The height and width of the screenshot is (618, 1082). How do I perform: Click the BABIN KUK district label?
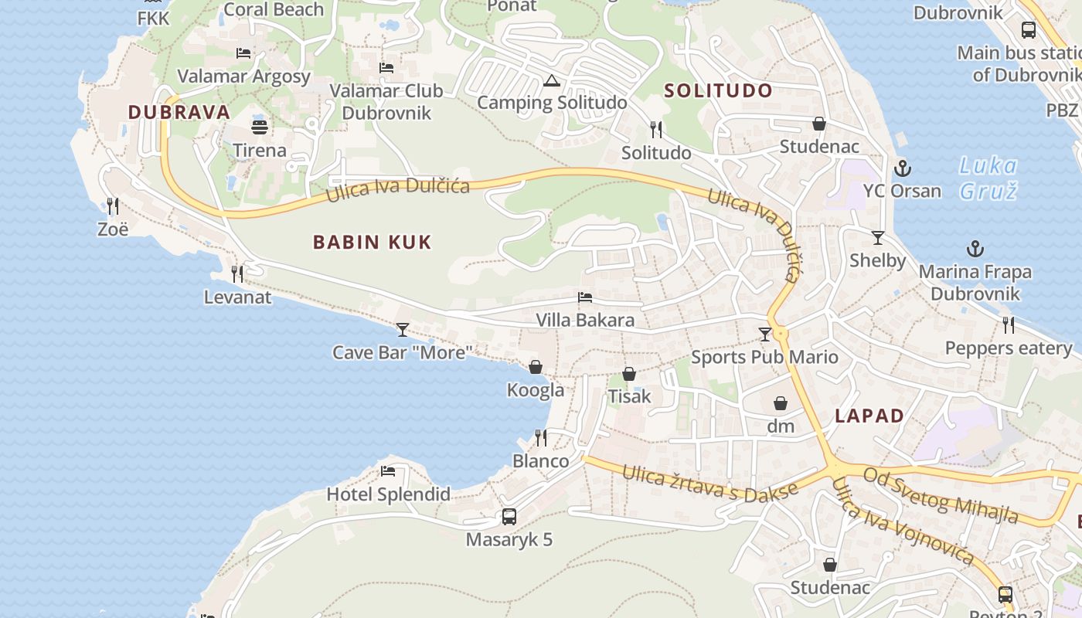coord(372,243)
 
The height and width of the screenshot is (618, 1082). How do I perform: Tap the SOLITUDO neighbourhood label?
coord(718,90)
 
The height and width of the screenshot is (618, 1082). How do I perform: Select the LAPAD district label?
coord(869,416)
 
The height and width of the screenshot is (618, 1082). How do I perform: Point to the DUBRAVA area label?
coord(179,112)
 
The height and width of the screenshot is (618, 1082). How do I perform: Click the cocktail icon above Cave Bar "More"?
coord(402,330)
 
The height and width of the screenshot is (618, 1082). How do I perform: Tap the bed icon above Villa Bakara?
coord(585,297)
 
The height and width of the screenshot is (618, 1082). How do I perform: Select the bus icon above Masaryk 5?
coord(509,517)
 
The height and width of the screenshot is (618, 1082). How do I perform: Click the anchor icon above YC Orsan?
coord(902,168)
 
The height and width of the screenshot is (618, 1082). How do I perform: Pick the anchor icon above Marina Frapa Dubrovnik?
coord(975,249)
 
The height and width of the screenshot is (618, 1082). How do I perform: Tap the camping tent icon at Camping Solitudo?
coord(551,80)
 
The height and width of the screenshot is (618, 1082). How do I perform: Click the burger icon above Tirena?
coord(260,127)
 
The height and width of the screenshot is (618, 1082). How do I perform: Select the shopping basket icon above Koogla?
coord(535,367)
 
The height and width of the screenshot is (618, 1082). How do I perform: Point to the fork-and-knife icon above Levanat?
coord(237,273)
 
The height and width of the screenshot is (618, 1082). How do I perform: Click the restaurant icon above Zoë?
coord(113,205)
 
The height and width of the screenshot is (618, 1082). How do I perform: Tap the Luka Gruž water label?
coord(988,178)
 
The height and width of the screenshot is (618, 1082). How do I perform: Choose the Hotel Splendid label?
coord(388,494)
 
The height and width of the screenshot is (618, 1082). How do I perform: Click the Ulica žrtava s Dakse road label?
coord(709,486)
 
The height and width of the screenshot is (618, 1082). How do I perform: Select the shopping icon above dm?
coord(781,403)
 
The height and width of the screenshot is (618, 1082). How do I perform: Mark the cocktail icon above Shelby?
coord(877,237)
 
